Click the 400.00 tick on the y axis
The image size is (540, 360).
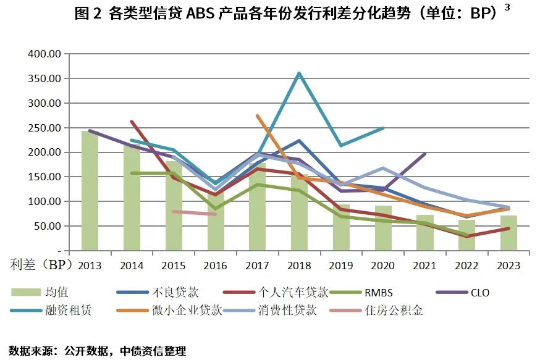click(43, 54)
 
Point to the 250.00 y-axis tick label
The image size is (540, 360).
click(43, 128)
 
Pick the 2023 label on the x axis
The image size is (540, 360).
click(509, 265)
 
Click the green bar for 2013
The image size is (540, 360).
click(90, 191)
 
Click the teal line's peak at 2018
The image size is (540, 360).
click(300, 73)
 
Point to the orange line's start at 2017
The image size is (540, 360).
click(257, 115)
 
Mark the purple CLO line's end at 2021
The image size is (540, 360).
click(425, 154)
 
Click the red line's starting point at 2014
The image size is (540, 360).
click(132, 122)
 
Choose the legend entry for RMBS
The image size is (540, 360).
click(379, 292)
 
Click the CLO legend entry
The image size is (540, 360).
click(479, 292)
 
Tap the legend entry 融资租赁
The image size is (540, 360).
click(69, 310)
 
